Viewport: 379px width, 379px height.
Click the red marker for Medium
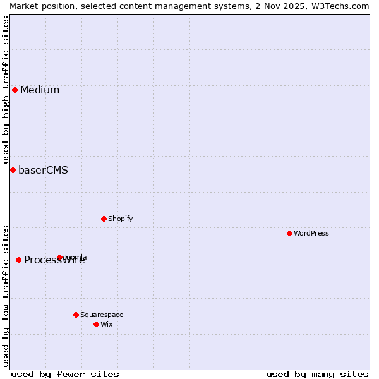15,90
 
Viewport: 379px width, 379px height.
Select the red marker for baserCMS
13,170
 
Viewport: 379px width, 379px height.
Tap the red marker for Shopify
104,219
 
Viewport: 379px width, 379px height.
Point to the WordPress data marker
289,233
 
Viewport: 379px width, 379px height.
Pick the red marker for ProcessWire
18,260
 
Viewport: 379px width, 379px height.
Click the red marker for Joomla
60,257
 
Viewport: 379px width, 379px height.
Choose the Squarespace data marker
76,315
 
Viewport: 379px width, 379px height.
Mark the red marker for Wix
96,324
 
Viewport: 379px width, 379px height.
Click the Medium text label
40,90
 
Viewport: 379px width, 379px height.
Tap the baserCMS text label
43,170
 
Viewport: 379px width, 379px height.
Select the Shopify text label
120,219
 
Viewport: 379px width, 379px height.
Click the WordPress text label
311,233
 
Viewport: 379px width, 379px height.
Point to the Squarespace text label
102,315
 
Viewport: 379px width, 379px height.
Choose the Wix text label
106,324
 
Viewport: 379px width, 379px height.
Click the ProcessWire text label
54,260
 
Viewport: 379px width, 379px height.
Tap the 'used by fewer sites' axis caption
65,374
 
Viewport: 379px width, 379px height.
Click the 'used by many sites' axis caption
317,374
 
